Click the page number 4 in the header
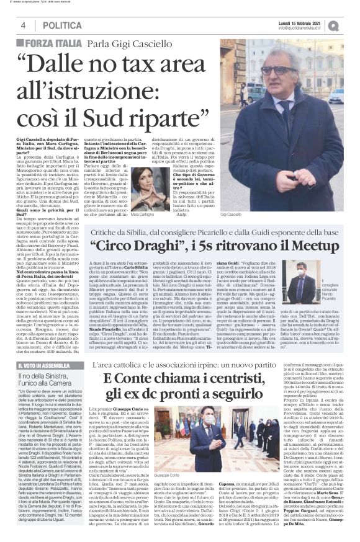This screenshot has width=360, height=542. pos(22,25)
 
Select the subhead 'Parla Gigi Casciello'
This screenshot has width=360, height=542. pos(130,45)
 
